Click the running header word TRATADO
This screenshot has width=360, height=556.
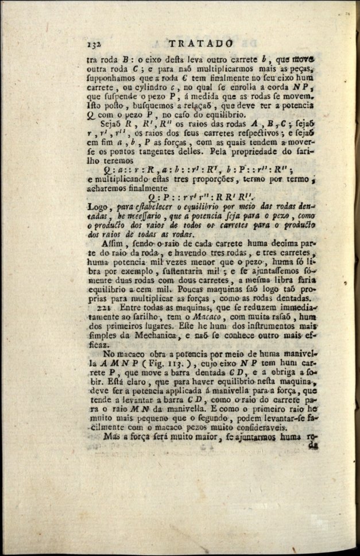201,43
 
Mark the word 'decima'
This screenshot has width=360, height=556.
273,242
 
